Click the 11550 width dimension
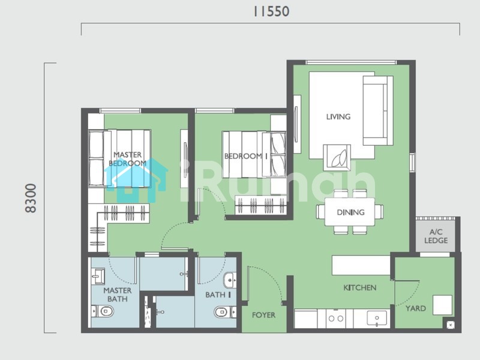271,11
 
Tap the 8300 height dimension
31,198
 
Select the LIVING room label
338,116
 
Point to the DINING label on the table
350,212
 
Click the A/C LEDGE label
436,236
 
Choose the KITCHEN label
359,287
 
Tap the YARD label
415,308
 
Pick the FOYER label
263,315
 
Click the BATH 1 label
218,295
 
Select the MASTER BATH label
117,295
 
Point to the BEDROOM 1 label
246,156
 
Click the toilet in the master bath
103,311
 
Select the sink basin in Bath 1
230,280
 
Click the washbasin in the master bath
98,277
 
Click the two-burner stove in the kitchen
336,319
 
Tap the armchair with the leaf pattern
337,158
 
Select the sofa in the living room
378,110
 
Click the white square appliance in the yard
442,305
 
